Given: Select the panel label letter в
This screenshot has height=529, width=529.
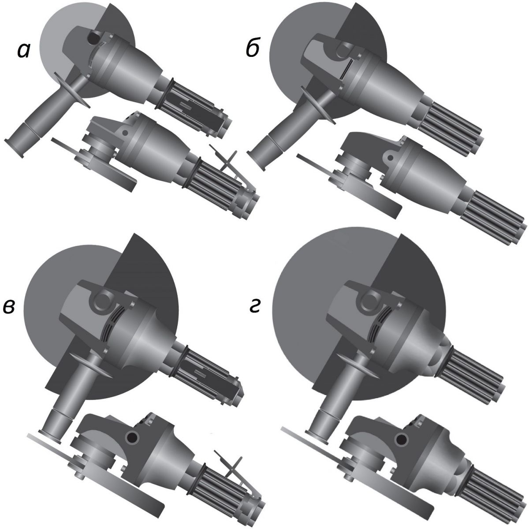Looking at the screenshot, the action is pos(10,306).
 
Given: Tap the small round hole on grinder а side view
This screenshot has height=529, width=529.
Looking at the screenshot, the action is pos(125,133).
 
